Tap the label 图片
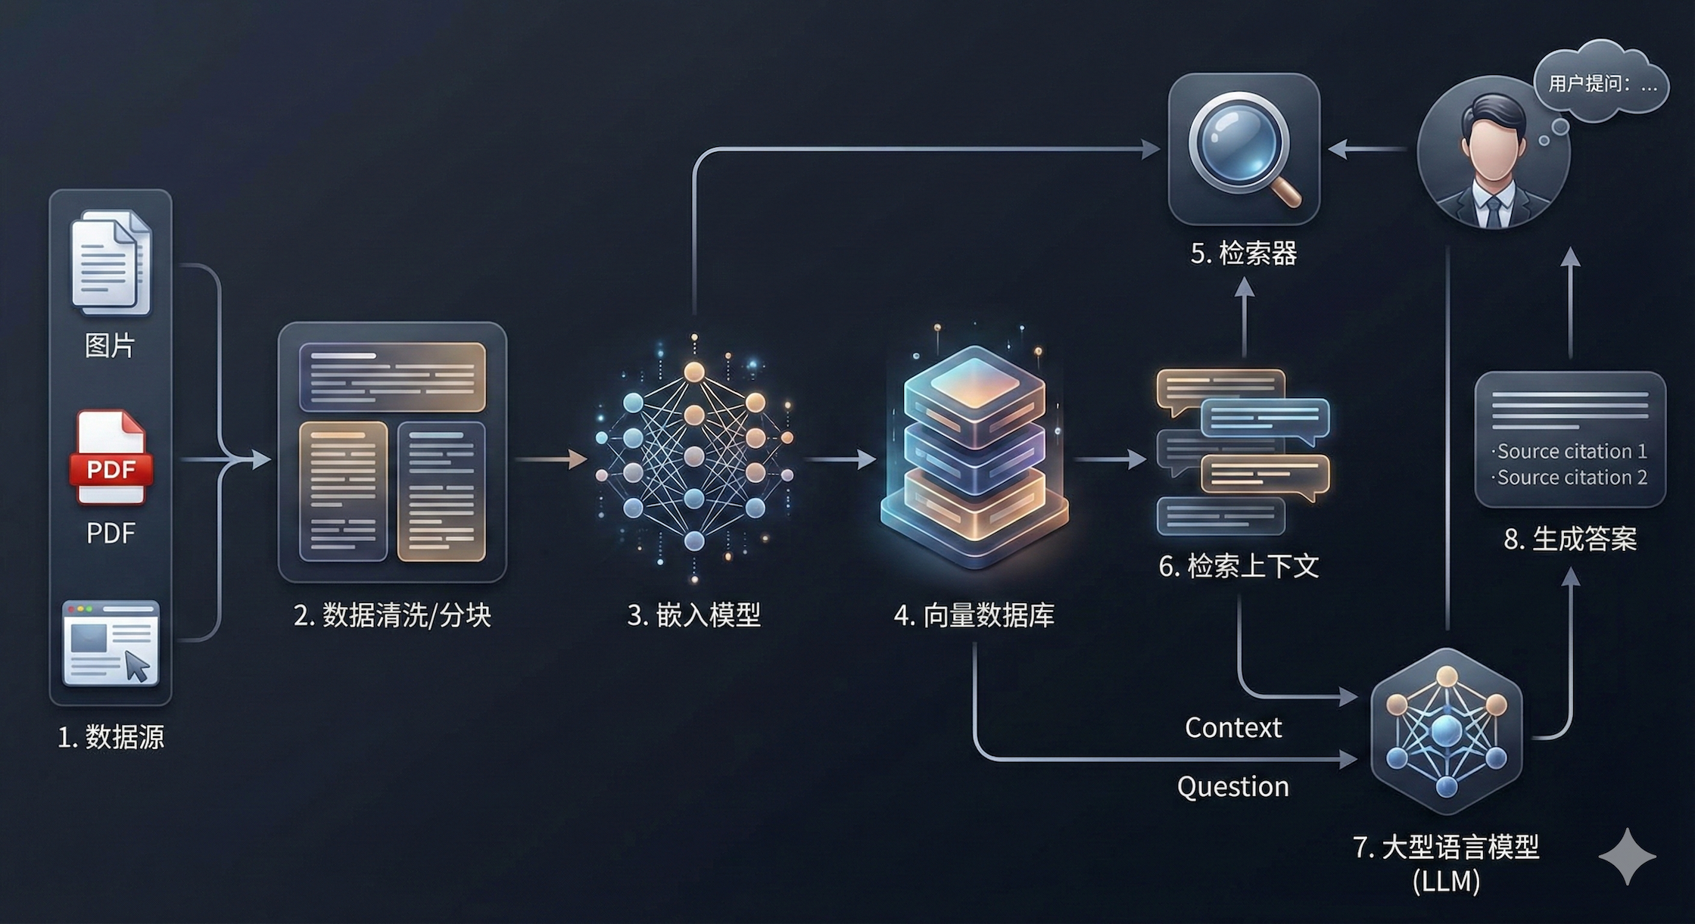pyautogui.click(x=111, y=345)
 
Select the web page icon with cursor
pyautogui.click(x=111, y=643)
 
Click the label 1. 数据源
pyautogui.click(x=111, y=736)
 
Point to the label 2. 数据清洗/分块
pyautogui.click(x=392, y=614)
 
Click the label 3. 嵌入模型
pyautogui.click(x=693, y=614)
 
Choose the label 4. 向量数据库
pyautogui.click(x=974, y=615)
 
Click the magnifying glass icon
pyautogui.click(x=1244, y=148)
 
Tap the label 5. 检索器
pyautogui.click(x=1243, y=253)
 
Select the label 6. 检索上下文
pyautogui.click(x=1239, y=566)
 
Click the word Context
pyautogui.click(x=1233, y=727)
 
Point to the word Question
pyautogui.click(x=1232, y=786)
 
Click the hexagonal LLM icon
pyautogui.click(x=1446, y=730)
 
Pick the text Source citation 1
pyautogui.click(x=1571, y=451)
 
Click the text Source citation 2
pyautogui.click(x=1571, y=478)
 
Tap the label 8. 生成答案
pyautogui.click(x=1570, y=539)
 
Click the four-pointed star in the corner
pyautogui.click(x=1627, y=856)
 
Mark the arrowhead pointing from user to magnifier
pyautogui.click(x=1338, y=149)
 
